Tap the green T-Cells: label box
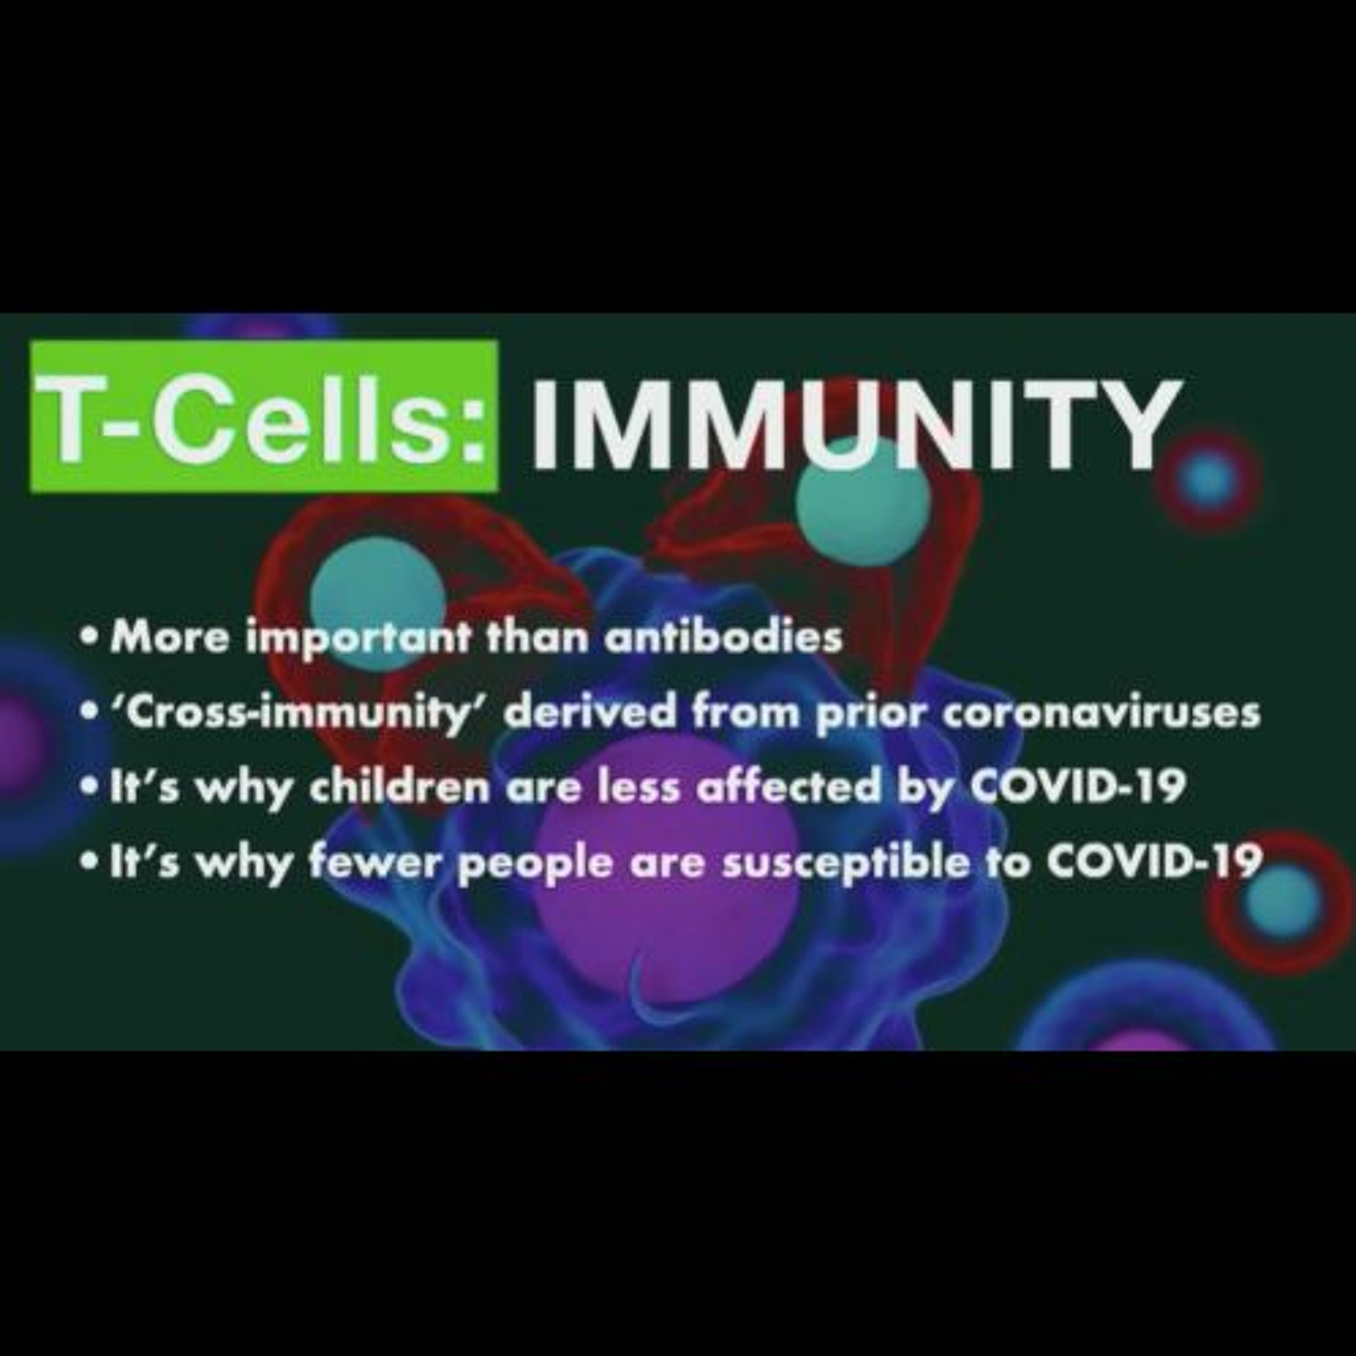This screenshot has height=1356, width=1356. [264, 416]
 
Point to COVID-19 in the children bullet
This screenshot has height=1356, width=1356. [1078, 786]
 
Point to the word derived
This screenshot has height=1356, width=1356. [593, 712]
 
